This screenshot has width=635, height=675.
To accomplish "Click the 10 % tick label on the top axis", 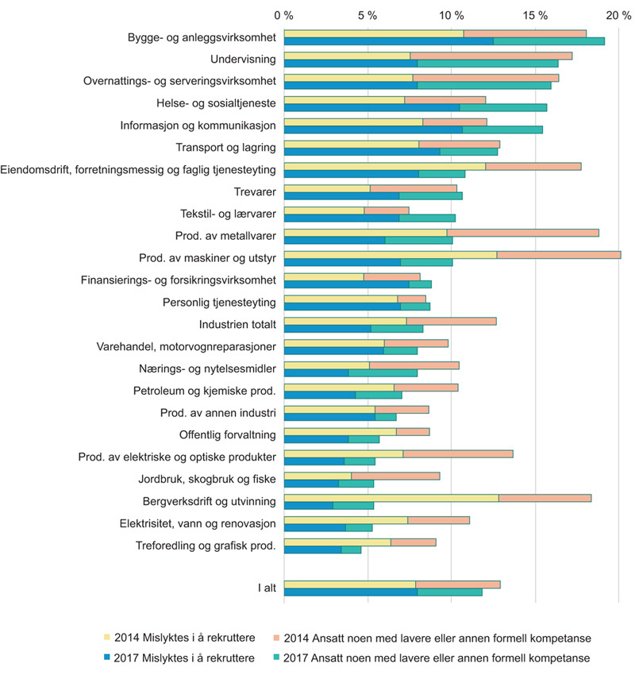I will [x=451, y=15].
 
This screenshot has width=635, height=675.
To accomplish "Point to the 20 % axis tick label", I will [x=618, y=15].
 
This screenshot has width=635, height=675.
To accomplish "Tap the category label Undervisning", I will [x=243, y=60].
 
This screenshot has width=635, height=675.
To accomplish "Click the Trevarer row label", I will [x=256, y=191].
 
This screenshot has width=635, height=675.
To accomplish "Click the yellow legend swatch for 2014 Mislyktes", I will [x=108, y=636].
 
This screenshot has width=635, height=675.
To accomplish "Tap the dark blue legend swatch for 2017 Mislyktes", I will [x=108, y=658].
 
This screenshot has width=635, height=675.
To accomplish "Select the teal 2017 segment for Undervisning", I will [x=487, y=64].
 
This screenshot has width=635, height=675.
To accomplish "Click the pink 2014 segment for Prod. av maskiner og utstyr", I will [x=559, y=254].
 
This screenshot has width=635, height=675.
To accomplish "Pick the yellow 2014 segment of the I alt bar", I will [x=349, y=584].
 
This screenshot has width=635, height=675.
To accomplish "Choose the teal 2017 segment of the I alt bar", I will [x=449, y=592].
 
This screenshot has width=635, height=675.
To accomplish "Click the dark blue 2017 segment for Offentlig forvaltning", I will [x=316, y=438].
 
